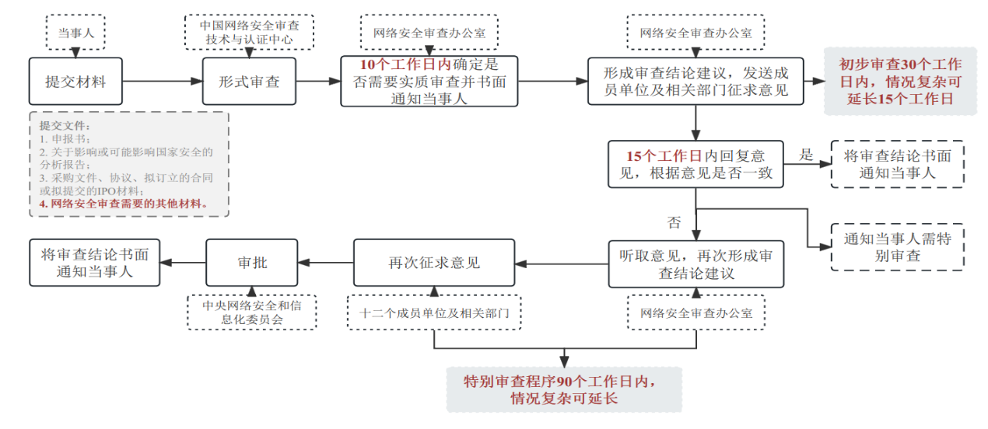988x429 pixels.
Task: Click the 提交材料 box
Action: (75, 81)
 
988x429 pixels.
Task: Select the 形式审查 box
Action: (249, 81)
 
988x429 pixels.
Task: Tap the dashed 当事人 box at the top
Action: (75, 32)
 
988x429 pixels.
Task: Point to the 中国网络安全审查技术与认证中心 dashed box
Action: (250, 32)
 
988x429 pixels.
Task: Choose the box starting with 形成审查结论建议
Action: (696, 81)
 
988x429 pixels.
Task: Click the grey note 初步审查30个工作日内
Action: (900, 81)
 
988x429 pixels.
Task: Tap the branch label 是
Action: (806, 155)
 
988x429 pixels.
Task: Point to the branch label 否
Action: (674, 223)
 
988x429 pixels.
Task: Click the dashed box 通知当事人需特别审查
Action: (897, 247)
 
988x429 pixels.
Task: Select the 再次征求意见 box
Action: (434, 263)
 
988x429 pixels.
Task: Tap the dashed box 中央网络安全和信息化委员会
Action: (252, 312)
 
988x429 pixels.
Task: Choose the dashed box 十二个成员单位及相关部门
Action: (434, 312)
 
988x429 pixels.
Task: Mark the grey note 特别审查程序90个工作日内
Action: (564, 389)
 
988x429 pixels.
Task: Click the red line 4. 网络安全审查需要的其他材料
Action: (123, 204)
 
